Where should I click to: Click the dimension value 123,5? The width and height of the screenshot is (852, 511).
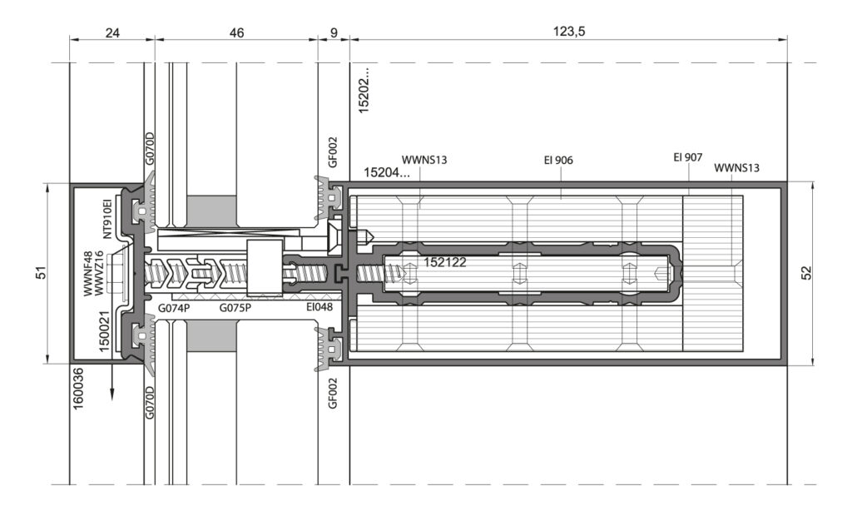click(x=569, y=32)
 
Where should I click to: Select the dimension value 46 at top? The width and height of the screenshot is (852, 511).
click(x=236, y=33)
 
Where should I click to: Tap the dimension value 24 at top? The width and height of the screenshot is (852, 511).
click(x=112, y=33)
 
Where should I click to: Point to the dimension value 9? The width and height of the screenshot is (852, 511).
click(x=334, y=33)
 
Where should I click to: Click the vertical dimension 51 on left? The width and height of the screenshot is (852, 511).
click(x=42, y=272)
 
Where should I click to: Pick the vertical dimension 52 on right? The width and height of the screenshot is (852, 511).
click(x=806, y=272)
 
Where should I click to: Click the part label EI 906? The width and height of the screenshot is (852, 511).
click(x=558, y=161)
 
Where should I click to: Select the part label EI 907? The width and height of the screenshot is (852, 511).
click(x=688, y=157)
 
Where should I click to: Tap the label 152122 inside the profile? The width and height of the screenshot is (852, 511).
click(x=444, y=262)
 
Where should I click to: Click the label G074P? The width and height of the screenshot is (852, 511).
click(x=174, y=308)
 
